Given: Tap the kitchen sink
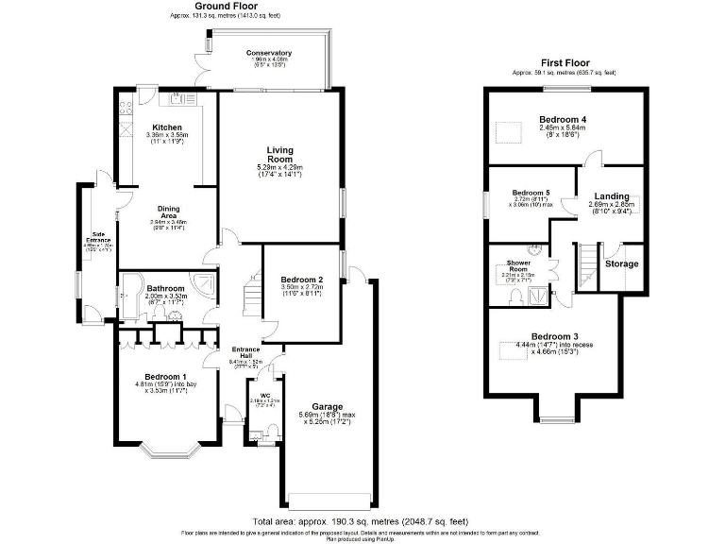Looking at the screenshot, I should click(x=177, y=97).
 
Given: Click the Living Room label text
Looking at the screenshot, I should click(x=279, y=155).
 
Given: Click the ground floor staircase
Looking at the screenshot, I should click(x=251, y=297).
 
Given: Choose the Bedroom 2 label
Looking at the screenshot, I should click(x=302, y=280).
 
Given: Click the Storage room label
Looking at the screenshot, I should click(x=621, y=264).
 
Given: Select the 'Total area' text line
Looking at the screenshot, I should click(x=360, y=521).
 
